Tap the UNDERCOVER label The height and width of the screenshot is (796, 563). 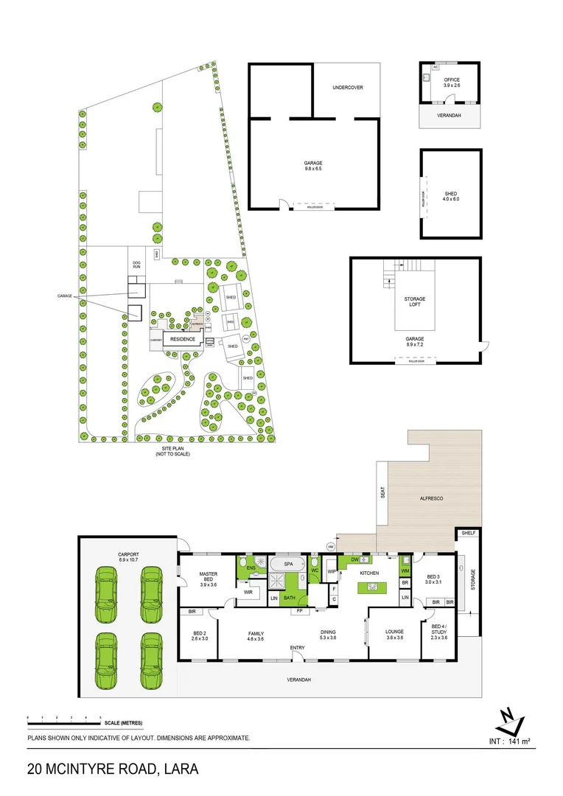348,88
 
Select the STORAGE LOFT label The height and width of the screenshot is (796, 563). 415,301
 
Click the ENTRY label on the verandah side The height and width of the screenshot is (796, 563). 297,648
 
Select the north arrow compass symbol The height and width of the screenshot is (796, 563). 508,719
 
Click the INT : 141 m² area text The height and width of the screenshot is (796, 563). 510,741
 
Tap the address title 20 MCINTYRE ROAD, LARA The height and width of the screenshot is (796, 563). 113,769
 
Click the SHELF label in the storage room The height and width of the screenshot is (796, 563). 468,533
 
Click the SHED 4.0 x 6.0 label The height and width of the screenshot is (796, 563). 451,197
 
